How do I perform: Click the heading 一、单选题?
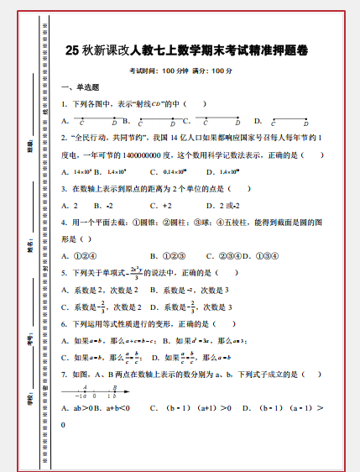pos(81,87)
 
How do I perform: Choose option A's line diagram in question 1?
pos(93,120)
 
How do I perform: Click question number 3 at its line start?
pos(64,189)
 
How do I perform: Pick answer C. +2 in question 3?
pos(160,206)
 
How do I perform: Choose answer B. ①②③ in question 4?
pos(169,255)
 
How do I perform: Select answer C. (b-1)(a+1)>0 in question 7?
pos(190,409)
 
